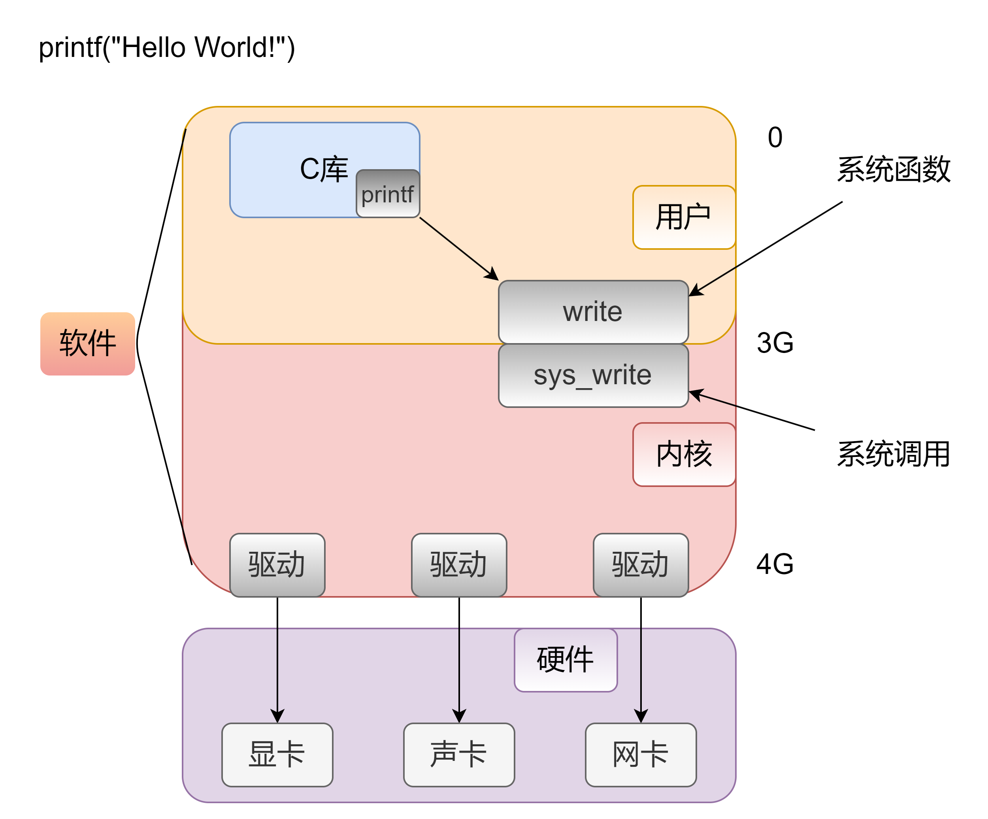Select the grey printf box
click(388, 194)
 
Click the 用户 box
click(684, 217)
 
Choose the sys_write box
click(593, 375)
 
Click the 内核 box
click(684, 454)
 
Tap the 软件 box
click(87, 343)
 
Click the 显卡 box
click(277, 754)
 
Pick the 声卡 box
click(459, 754)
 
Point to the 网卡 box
click(640, 754)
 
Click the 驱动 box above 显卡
click(277, 564)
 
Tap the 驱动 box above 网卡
click(640, 564)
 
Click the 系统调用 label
click(894, 454)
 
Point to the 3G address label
click(775, 343)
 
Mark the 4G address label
click(775, 564)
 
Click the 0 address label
click(775, 138)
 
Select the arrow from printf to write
click(459, 249)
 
